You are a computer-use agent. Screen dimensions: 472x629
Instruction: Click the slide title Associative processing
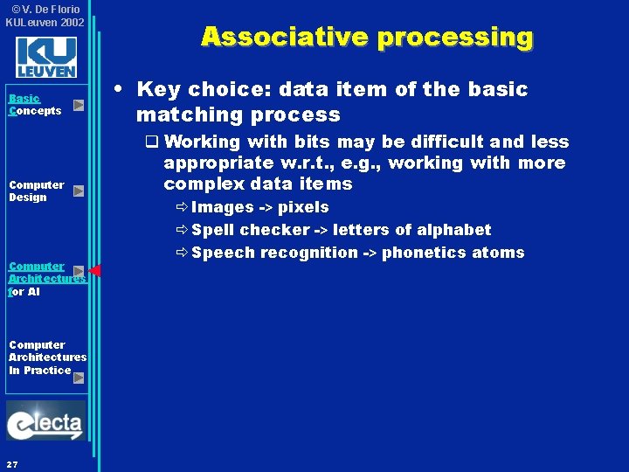367,37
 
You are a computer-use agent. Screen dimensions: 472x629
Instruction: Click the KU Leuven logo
45,57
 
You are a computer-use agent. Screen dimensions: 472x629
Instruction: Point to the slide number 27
12,462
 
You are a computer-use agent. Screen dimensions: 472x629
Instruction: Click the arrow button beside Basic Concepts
79,106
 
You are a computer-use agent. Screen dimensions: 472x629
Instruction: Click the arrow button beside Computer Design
79,191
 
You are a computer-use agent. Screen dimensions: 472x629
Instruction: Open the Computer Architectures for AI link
44,279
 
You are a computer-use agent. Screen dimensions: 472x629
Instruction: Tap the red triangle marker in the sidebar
95,271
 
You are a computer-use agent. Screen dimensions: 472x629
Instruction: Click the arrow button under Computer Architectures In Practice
79,378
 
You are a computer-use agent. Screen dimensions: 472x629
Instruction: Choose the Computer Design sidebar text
36,191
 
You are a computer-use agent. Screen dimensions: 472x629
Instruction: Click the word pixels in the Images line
303,207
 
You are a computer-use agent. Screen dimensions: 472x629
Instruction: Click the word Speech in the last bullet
218,253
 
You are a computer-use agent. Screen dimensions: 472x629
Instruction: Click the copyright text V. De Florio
48,10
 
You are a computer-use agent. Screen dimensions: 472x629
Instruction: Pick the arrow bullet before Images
181,208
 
